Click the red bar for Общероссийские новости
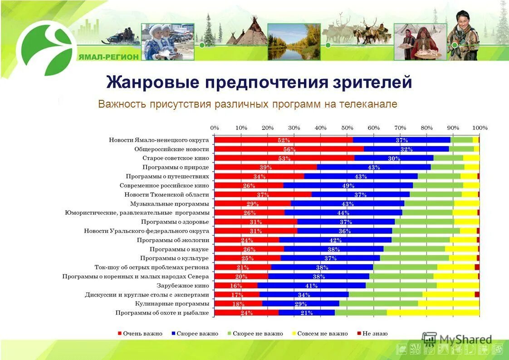[289, 149]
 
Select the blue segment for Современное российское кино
[348, 185]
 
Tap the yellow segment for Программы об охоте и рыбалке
[433, 312]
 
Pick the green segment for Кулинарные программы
[378, 303]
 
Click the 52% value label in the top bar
[284, 140]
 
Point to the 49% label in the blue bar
[348, 186]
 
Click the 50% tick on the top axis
[347, 128]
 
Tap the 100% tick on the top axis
[480, 128]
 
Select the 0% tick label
[215, 128]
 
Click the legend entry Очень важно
[143, 334]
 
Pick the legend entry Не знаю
[375, 334]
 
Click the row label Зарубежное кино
[183, 286]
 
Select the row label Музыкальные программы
[170, 204]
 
